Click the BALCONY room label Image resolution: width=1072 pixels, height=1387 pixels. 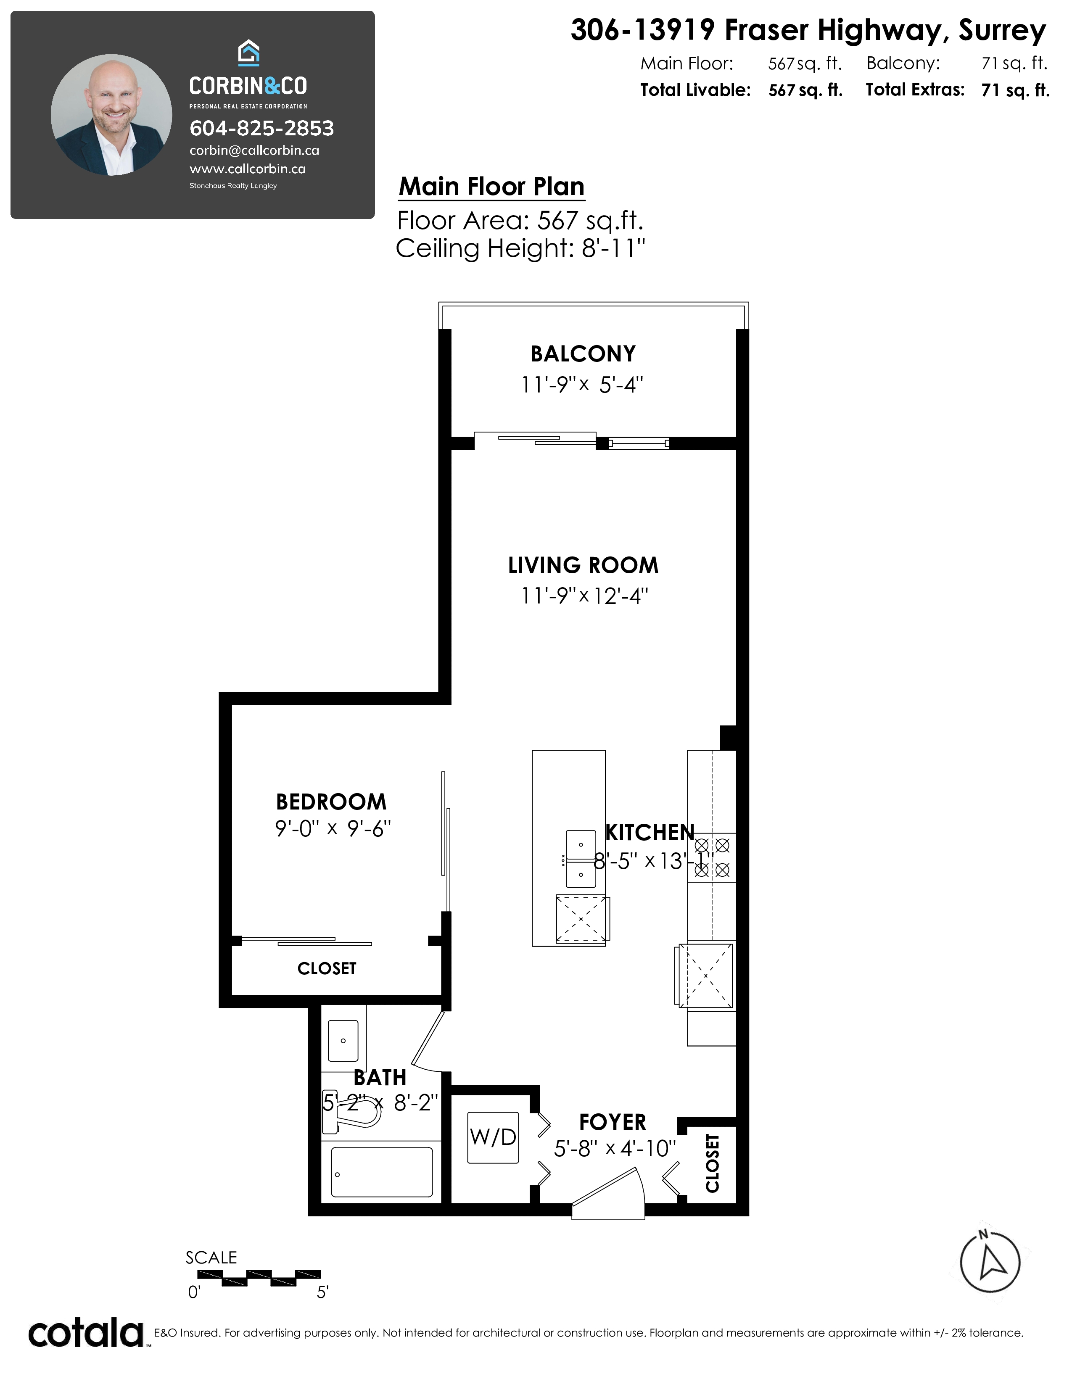[x=583, y=354]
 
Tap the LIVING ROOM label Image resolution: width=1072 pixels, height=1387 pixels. [x=583, y=565]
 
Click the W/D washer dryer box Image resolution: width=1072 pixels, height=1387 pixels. [x=493, y=1137]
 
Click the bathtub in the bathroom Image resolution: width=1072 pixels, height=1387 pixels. [x=382, y=1172]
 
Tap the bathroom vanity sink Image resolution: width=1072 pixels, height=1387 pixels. [x=343, y=1041]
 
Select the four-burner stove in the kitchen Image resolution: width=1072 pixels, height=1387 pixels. [x=712, y=857]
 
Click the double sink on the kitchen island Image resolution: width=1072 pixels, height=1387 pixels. [x=581, y=859]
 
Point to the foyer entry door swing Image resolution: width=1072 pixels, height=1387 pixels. [x=608, y=1195]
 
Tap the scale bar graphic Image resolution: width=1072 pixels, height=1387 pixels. [x=259, y=1277]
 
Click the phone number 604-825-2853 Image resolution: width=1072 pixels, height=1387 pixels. [x=261, y=128]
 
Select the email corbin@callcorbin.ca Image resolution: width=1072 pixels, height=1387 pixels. [x=254, y=150]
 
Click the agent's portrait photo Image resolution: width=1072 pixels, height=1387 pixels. [x=111, y=114]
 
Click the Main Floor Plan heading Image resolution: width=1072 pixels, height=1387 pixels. [x=491, y=187]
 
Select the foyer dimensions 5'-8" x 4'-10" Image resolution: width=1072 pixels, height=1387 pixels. [x=615, y=1148]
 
